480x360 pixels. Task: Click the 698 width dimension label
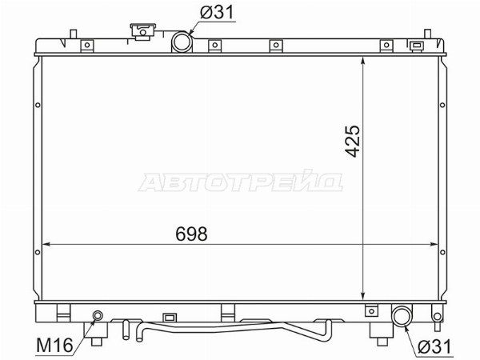(x=192, y=234)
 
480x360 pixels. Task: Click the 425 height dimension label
(x=352, y=141)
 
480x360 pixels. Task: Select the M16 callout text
(x=54, y=345)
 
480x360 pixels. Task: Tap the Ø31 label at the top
(x=217, y=12)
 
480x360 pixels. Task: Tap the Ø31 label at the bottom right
(x=434, y=347)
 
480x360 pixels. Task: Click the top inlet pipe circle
(x=182, y=42)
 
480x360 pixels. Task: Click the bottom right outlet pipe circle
(x=402, y=316)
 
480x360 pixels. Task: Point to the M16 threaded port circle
(x=98, y=315)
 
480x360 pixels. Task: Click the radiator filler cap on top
(x=142, y=31)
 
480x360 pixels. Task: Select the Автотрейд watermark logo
(x=240, y=181)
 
